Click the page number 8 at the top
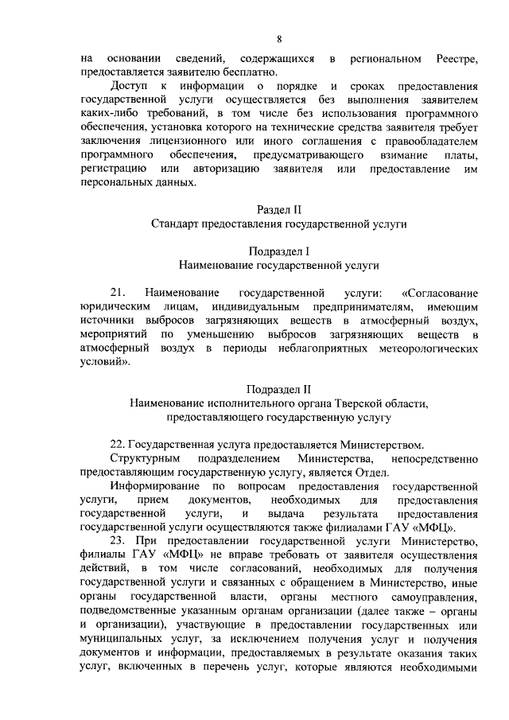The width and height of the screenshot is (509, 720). coord(279,40)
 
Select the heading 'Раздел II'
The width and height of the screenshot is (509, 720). coord(279,211)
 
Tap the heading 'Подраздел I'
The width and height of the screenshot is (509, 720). coord(279,249)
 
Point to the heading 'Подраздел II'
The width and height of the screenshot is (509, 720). coord(279,389)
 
